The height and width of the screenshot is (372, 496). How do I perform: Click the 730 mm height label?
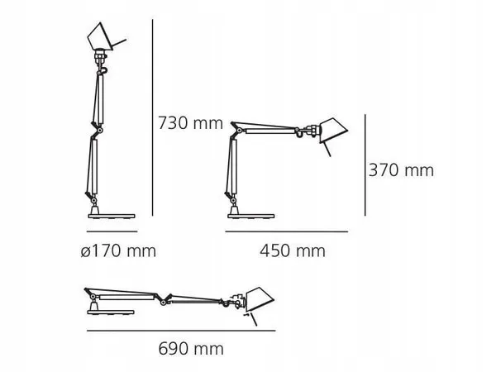coord(190,124)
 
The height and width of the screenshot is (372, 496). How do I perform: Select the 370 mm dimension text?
coord(402,170)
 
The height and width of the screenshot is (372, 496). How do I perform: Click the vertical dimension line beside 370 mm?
coord(365,165)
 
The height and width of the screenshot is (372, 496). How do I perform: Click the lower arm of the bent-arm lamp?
coord(229,165)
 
